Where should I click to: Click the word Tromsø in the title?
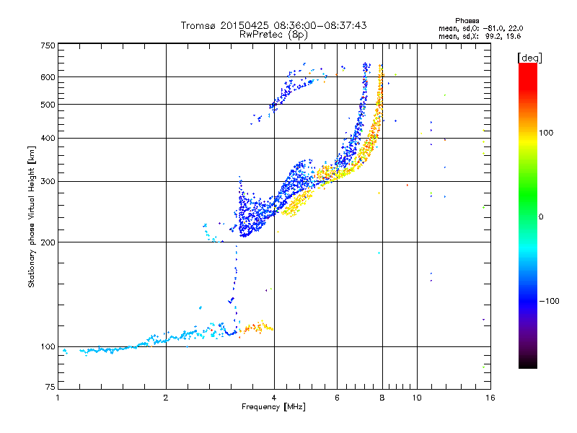point(199,25)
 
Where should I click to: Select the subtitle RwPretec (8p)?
point(273,35)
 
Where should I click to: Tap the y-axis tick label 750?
point(48,45)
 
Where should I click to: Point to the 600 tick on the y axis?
point(48,77)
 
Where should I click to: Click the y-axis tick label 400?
point(48,138)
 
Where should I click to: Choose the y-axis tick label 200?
point(48,242)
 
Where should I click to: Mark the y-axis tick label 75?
point(50,387)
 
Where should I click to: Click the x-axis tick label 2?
point(166,398)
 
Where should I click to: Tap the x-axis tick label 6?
point(337,398)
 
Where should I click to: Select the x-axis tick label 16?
point(490,398)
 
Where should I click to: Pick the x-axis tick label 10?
point(417,398)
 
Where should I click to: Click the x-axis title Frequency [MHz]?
point(273,407)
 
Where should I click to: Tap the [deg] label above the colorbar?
point(529,58)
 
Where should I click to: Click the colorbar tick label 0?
point(541,217)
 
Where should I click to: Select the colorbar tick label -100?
point(549,301)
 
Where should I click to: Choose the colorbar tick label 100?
point(546,133)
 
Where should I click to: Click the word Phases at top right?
point(467,21)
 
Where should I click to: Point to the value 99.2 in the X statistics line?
point(493,37)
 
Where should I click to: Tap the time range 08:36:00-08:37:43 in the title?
point(320,25)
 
